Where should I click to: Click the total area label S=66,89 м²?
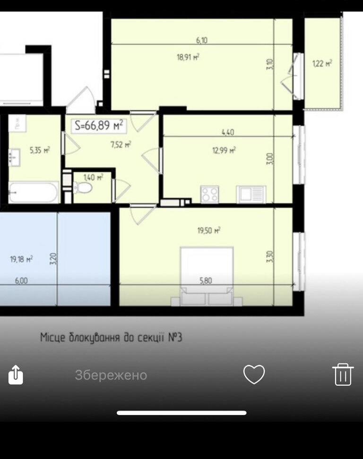[99, 125]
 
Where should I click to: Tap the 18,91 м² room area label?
[188, 57]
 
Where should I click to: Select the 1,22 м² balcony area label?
[322, 63]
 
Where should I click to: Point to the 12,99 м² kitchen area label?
[224, 150]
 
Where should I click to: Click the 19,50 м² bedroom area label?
[208, 230]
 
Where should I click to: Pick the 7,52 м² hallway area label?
[121, 144]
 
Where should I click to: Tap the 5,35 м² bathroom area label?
[40, 150]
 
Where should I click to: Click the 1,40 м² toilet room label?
[93, 177]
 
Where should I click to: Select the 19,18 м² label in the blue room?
[21, 259]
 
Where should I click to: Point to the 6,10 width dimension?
[202, 40]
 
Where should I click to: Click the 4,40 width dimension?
[228, 132]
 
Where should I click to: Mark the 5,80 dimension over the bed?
[206, 281]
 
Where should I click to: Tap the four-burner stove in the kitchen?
[210, 194]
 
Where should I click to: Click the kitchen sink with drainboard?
[251, 194]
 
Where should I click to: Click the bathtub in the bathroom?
[34, 192]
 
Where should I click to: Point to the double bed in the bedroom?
[207, 276]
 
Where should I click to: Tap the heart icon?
[254, 374]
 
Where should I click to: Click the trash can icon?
[343, 374]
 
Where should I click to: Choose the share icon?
[16, 374]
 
